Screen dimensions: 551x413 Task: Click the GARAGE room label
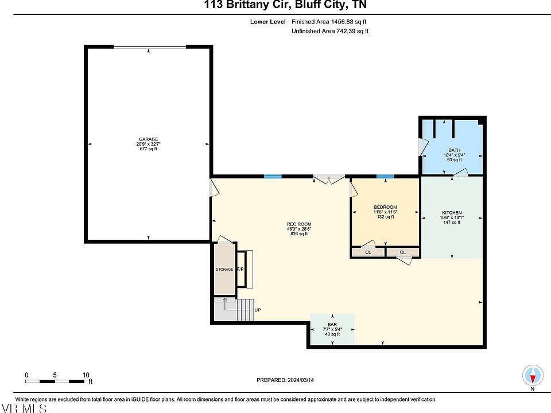point(148,139)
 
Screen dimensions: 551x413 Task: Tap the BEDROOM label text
point(386,207)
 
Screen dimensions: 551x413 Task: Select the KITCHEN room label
point(452,212)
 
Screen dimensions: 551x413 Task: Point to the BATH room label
point(455,150)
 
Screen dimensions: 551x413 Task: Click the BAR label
point(332,325)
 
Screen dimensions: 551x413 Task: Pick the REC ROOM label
point(299,224)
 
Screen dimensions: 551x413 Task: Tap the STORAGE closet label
point(224,270)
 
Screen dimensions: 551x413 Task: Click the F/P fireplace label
point(240,269)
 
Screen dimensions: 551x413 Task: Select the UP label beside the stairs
point(258,310)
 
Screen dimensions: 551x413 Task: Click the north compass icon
point(533,375)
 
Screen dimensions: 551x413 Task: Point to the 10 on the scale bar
point(86,375)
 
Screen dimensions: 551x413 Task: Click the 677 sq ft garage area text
point(148,149)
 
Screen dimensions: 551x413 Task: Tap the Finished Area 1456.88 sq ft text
point(329,22)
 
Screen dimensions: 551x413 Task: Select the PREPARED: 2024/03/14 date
point(285,380)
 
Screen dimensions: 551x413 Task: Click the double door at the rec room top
point(329,179)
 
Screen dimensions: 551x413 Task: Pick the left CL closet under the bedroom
point(368,252)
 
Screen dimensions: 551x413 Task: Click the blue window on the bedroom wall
point(385,176)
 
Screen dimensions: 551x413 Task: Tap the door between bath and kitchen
point(461,173)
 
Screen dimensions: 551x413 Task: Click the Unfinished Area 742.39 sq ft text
point(330,31)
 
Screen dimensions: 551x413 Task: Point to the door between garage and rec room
point(214,188)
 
